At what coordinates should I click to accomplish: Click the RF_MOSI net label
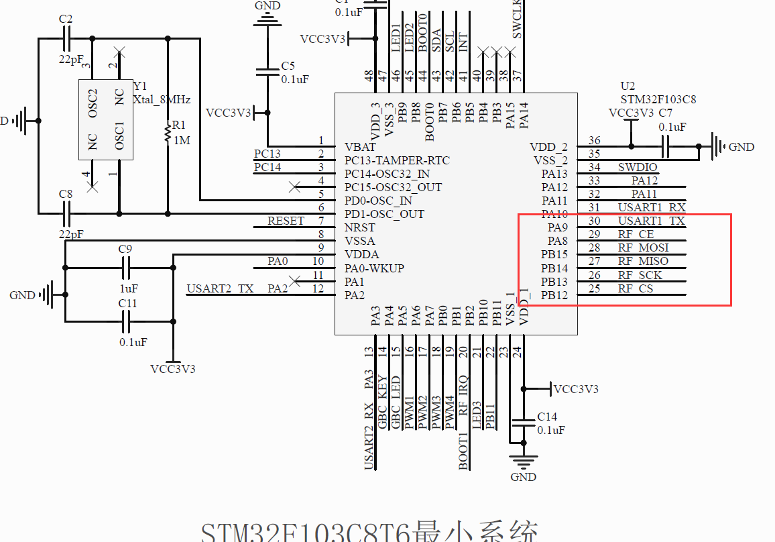pyautogui.click(x=643, y=248)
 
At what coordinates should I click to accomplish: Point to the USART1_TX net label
pyautogui.click(x=651, y=221)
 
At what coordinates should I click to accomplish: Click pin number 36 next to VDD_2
pyautogui.click(x=594, y=140)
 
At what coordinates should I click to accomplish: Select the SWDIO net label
pyautogui.click(x=637, y=167)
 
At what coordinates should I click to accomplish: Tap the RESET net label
pyautogui.click(x=286, y=221)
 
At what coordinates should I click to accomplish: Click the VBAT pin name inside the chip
pyautogui.click(x=360, y=147)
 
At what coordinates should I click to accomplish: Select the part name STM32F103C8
pyautogui.click(x=658, y=99)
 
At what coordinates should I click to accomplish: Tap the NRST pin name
pyautogui.click(x=359, y=227)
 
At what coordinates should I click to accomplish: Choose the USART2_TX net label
pyautogui.click(x=220, y=288)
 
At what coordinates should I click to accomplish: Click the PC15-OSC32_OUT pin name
pyautogui.click(x=393, y=187)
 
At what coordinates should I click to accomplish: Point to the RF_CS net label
pyautogui.click(x=635, y=288)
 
